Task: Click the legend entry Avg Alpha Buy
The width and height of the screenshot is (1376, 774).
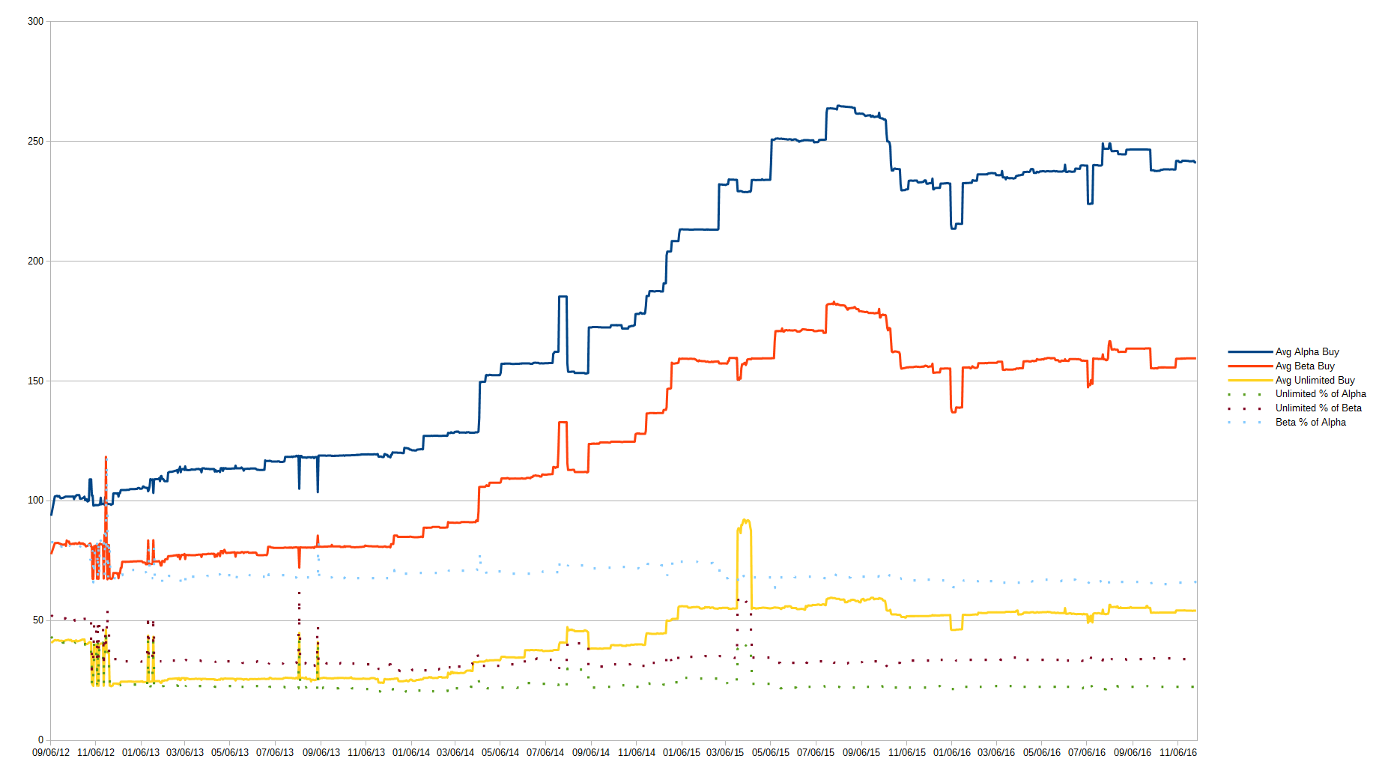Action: pos(1306,351)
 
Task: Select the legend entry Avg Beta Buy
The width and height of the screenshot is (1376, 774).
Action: pos(1304,366)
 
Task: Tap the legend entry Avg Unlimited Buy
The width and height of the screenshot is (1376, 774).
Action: pos(1315,380)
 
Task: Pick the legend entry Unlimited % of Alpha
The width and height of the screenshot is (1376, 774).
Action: pos(1320,393)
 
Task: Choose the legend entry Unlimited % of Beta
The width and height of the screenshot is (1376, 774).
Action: pos(1318,408)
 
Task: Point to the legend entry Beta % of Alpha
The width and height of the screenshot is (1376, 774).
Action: pos(1310,422)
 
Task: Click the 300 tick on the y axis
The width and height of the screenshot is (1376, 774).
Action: pos(35,21)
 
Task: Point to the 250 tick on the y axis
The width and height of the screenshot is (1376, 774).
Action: pos(35,141)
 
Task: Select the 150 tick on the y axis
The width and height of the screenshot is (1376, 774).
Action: pos(35,381)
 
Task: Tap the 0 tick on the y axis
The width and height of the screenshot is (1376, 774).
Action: pos(40,740)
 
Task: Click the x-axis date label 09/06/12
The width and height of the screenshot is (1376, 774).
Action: pos(51,752)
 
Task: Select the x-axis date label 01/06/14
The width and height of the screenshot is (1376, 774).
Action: pos(411,752)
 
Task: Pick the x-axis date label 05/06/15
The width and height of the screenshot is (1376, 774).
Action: pos(771,752)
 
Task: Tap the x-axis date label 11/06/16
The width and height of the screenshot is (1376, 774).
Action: pos(1178,752)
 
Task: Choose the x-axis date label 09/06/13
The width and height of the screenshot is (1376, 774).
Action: pos(321,752)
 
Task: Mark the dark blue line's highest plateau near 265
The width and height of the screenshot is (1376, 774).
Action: pos(841,106)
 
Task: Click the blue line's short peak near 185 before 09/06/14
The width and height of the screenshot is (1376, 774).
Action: pos(563,297)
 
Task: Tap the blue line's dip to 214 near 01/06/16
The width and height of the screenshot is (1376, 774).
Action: pos(954,227)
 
